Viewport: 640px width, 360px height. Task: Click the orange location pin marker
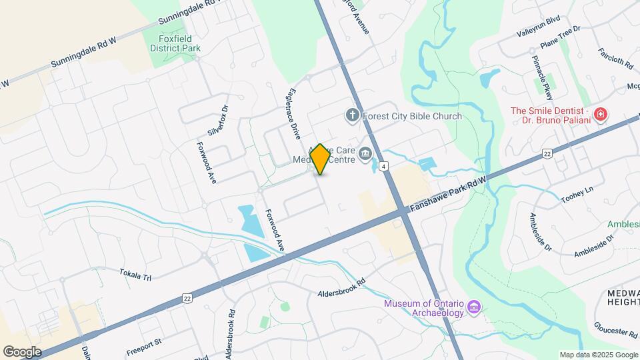pyautogui.click(x=320, y=159)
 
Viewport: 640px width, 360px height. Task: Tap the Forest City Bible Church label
pyautogui.click(x=412, y=116)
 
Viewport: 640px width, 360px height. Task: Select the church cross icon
pyautogui.click(x=352, y=116)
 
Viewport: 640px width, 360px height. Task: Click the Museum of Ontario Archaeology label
pyautogui.click(x=423, y=309)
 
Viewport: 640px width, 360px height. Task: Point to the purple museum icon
pyautogui.click(x=474, y=307)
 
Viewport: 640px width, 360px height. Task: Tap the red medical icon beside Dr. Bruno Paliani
pyautogui.click(x=601, y=115)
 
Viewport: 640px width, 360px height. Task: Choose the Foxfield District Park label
pyautogui.click(x=175, y=43)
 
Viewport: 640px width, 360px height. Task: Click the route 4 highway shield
pyautogui.click(x=384, y=166)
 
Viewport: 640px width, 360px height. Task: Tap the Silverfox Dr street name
pyautogui.click(x=218, y=121)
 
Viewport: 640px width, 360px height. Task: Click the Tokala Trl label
pyautogui.click(x=135, y=274)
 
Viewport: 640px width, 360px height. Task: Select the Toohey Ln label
pyautogui.click(x=577, y=195)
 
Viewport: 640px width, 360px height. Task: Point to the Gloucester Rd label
pyautogui.click(x=616, y=329)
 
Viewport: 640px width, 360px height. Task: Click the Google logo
pyautogui.click(x=22, y=351)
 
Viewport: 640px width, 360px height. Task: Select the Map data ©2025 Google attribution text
pyautogui.click(x=599, y=355)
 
